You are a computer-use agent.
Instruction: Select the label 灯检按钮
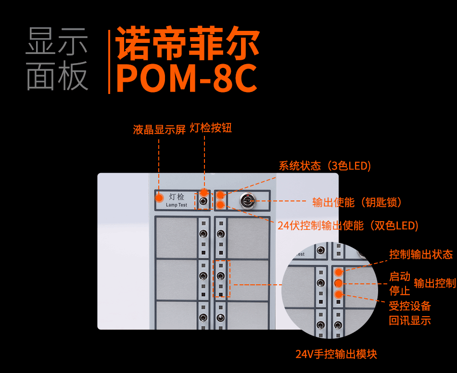pyautogui.click(x=211, y=128)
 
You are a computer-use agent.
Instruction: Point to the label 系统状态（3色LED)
pyautogui.click(x=325, y=166)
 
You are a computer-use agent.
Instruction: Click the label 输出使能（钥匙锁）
pyautogui.click(x=357, y=202)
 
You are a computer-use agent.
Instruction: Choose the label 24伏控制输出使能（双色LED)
pyautogui.click(x=348, y=226)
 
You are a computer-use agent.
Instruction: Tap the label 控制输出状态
pyautogui.click(x=421, y=254)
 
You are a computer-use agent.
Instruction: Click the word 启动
pyautogui.click(x=400, y=277)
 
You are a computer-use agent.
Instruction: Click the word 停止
pyautogui.click(x=400, y=291)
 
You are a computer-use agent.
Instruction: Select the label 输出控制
pyautogui.click(x=435, y=283)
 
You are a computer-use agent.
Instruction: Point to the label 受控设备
pyautogui.click(x=410, y=306)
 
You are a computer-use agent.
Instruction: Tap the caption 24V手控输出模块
pyautogui.click(x=336, y=354)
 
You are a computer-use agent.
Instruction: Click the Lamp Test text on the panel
pyautogui.click(x=177, y=205)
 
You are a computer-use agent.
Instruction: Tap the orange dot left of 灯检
pyautogui.click(x=159, y=197)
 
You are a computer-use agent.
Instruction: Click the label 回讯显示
pyautogui.click(x=410, y=320)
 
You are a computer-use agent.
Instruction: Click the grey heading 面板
pyautogui.click(x=57, y=76)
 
